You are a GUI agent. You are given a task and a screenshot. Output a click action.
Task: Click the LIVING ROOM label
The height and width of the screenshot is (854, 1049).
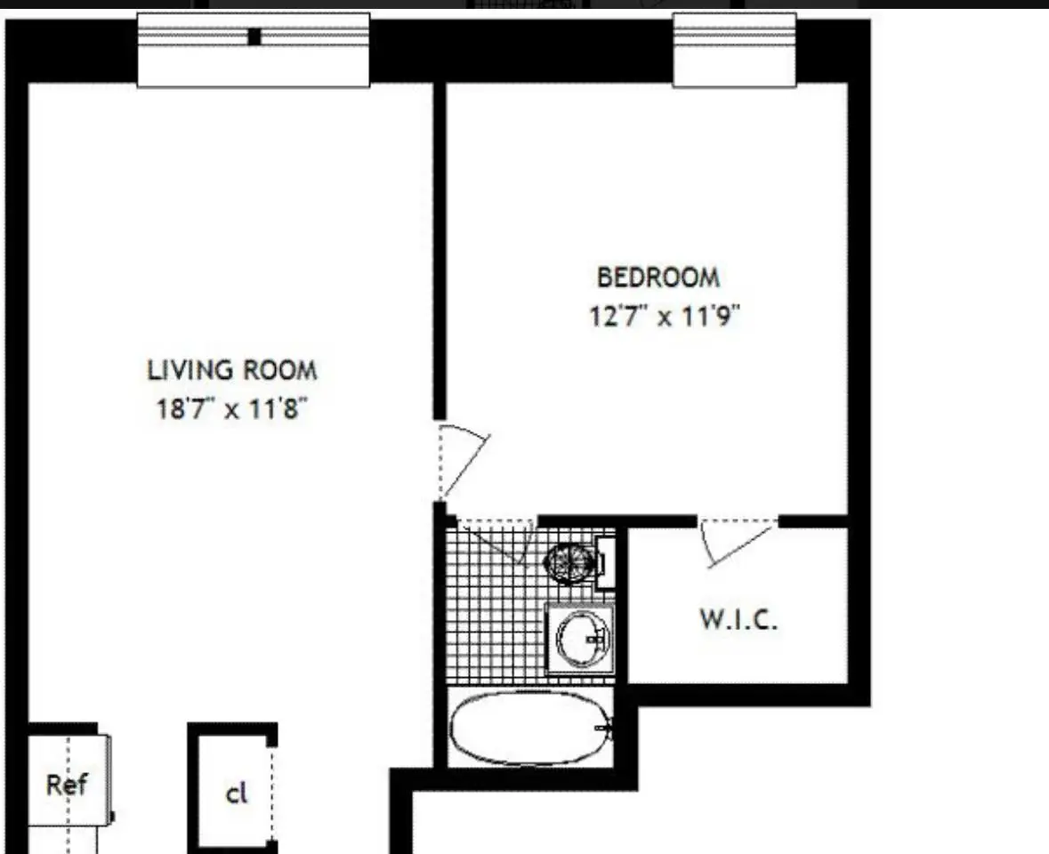tap(232, 370)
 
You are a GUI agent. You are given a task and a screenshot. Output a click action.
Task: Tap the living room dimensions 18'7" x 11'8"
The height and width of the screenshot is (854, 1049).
tap(231, 407)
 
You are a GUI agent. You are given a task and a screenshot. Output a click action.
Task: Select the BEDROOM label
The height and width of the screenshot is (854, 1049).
tap(658, 277)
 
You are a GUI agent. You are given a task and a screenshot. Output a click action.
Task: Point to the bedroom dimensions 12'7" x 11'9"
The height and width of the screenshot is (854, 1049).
tap(665, 315)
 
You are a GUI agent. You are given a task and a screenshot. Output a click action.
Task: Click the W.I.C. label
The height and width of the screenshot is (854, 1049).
tap(738, 619)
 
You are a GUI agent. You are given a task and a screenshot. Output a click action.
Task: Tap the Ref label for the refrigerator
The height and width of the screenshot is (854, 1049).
tap(67, 785)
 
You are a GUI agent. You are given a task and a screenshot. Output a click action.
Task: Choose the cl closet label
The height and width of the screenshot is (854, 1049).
tap(237, 794)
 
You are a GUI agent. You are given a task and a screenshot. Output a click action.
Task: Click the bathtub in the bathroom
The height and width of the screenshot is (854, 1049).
tap(530, 728)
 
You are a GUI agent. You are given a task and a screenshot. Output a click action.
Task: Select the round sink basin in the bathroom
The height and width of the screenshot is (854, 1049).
tap(582, 638)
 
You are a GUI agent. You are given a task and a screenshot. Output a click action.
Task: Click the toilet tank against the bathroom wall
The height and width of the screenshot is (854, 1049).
tap(606, 562)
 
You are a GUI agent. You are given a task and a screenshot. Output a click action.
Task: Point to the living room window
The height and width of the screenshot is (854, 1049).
tap(254, 50)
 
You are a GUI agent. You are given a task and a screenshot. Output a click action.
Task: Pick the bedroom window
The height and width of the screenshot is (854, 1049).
tap(735, 50)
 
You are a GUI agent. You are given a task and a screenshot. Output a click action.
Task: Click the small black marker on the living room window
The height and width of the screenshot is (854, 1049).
tap(254, 36)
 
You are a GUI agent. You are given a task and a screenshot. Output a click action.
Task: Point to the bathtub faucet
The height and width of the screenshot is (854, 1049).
tap(608, 729)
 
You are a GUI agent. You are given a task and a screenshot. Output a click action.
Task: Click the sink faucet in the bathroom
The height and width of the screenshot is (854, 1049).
tap(597, 640)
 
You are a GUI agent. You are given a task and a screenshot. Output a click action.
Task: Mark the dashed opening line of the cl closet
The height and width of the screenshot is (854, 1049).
tap(272, 794)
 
